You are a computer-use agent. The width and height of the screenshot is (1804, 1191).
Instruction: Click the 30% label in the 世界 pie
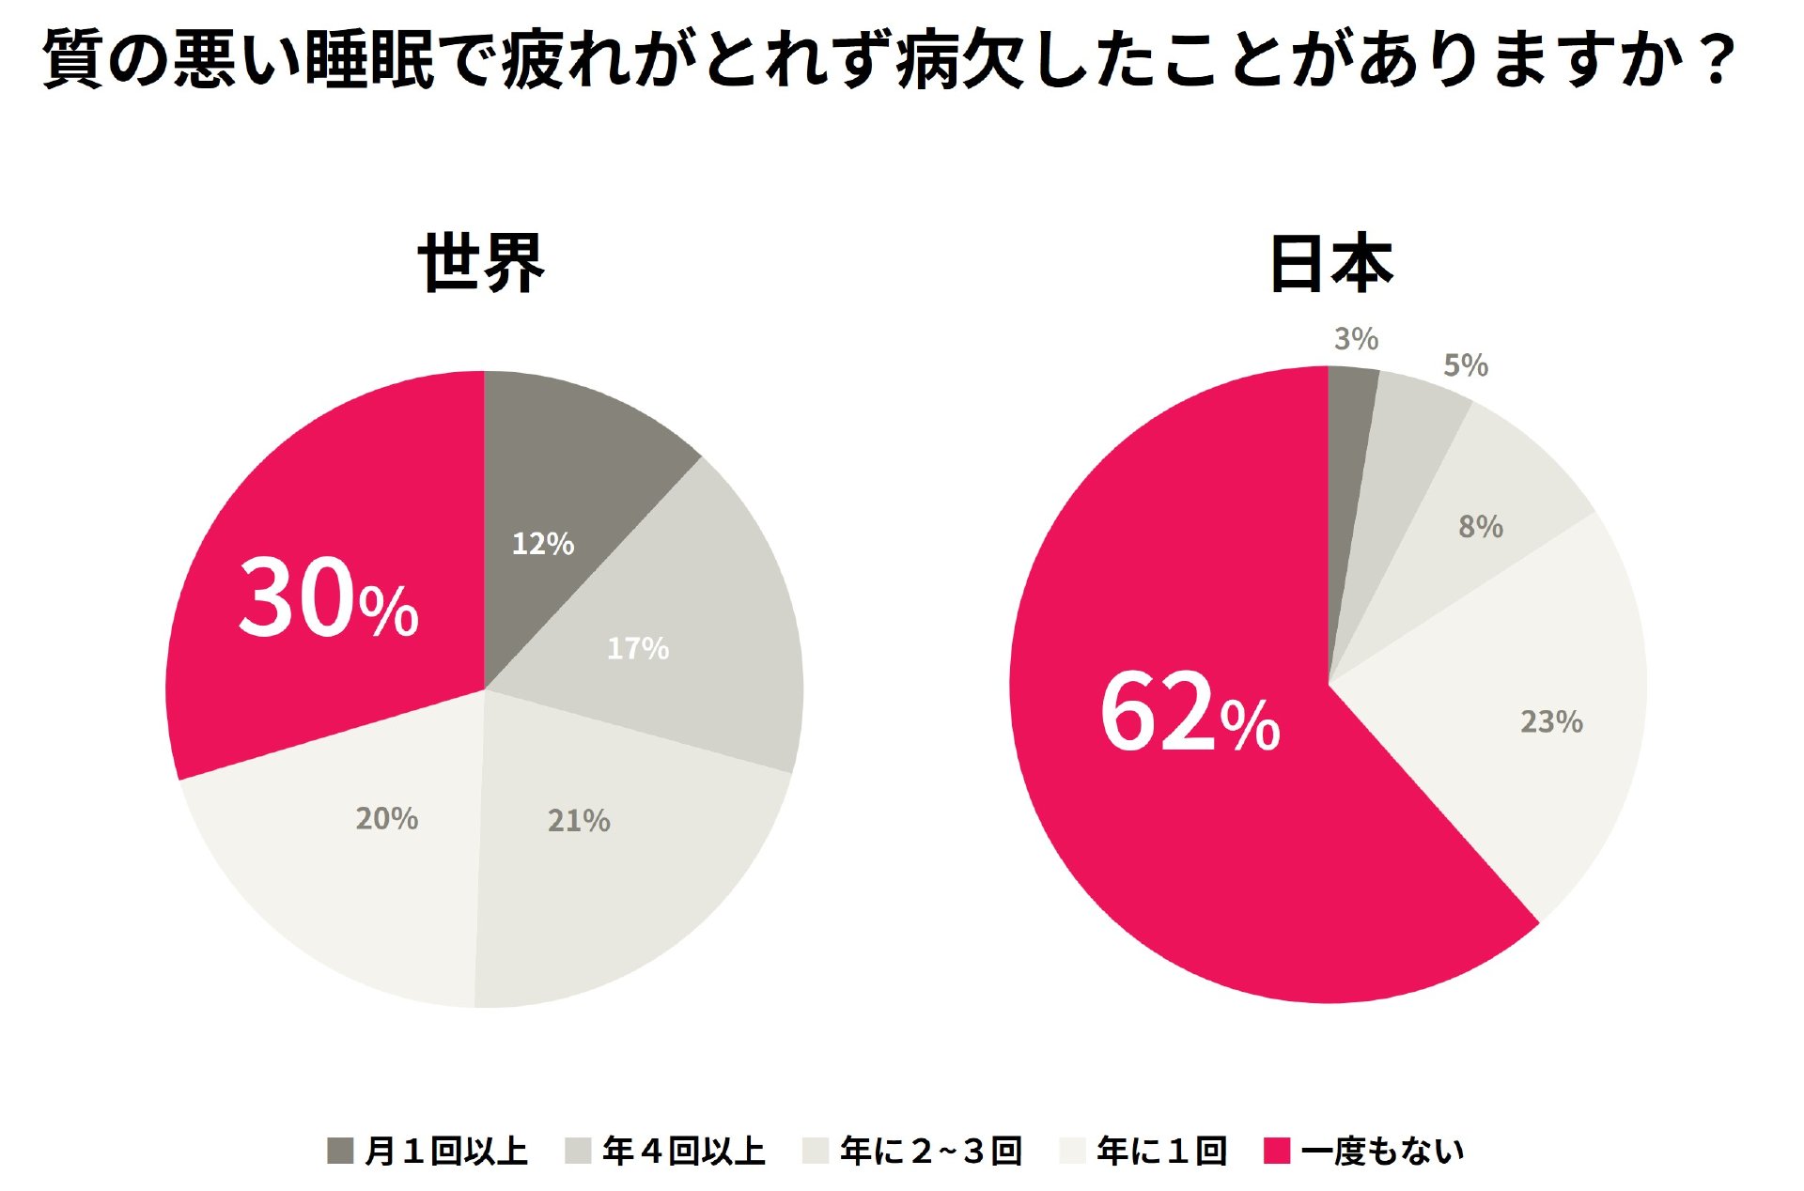click(328, 598)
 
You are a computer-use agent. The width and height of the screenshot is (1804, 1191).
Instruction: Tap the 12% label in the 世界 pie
click(542, 543)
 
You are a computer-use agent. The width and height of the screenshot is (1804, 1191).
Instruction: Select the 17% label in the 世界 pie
click(638, 648)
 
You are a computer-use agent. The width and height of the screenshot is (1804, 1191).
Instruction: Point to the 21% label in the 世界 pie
click(579, 821)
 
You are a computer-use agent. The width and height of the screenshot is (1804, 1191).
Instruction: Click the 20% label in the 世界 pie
click(386, 818)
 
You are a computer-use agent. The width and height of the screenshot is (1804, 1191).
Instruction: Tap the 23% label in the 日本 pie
click(1551, 721)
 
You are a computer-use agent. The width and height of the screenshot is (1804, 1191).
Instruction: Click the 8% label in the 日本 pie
click(1480, 527)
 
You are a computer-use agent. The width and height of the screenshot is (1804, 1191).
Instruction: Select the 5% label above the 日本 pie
click(1466, 365)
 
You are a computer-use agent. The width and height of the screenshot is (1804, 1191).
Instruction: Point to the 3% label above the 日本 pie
click(1356, 338)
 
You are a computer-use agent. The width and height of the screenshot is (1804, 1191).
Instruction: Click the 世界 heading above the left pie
click(481, 263)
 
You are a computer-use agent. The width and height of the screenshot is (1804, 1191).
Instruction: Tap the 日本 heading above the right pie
click(1330, 263)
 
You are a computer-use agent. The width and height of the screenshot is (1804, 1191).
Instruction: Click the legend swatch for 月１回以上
click(340, 1150)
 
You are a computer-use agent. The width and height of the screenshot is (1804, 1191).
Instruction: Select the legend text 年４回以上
click(684, 1151)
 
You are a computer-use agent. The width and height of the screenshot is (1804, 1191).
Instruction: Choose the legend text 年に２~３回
click(931, 1151)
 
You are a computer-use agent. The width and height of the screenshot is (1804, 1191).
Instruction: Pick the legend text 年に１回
click(1162, 1151)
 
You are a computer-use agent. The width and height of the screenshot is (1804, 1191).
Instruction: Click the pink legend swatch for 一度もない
click(1277, 1150)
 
